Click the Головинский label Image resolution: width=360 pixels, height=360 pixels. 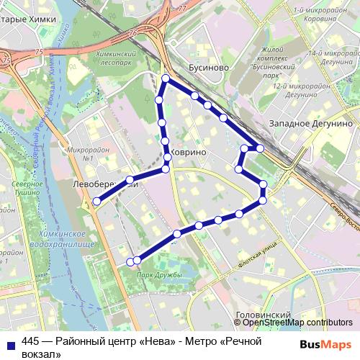[x=262, y=315]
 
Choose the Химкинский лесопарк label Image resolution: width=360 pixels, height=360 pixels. [x=116, y=58]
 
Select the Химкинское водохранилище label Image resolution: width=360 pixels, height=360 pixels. [x=66, y=240]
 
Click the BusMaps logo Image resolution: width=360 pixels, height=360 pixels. [x=325, y=344]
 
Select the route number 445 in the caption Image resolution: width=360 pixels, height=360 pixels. [x=31, y=341]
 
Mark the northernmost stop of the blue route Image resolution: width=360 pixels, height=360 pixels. [x=166, y=78]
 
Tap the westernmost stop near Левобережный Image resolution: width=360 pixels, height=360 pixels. [x=96, y=202]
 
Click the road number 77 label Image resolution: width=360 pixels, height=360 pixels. [x=181, y=9]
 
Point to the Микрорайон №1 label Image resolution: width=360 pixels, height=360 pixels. [x=80, y=153]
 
